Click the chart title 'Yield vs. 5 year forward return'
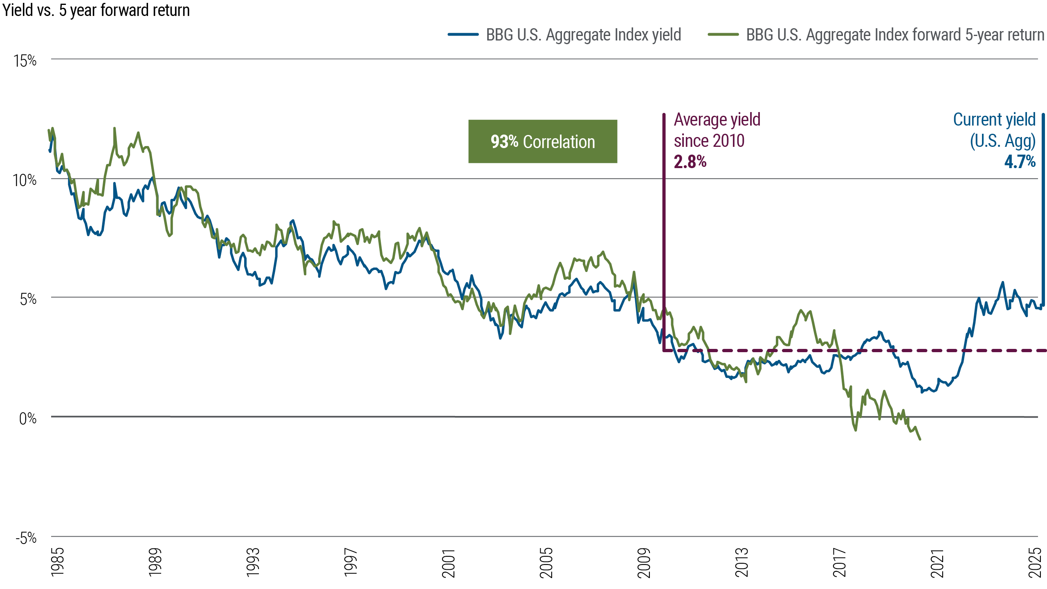point(96,10)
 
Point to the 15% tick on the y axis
point(25,61)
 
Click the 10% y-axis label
point(25,180)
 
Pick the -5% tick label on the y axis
point(26,538)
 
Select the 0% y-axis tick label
point(27,418)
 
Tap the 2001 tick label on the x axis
point(449,563)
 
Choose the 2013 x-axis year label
point(742,562)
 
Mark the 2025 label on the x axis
point(1035,562)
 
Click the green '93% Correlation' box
point(542,142)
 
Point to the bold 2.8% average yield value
point(690,162)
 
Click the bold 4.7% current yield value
point(1020,162)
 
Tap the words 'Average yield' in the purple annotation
point(717,120)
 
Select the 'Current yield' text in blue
point(994,120)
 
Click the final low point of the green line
point(920,439)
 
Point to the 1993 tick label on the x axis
point(253,562)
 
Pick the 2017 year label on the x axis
point(840,562)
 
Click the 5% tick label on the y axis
point(28,299)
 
